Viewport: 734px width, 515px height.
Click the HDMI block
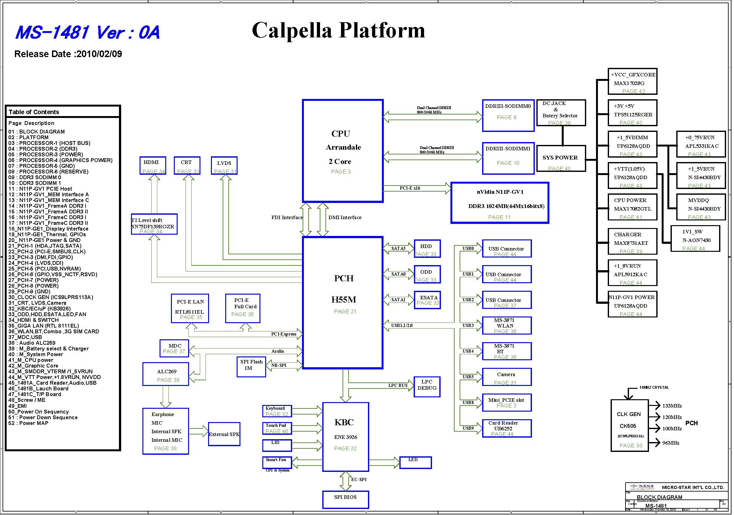click(153, 166)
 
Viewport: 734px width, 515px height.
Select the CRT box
click(187, 166)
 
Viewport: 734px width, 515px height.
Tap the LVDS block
click(224, 166)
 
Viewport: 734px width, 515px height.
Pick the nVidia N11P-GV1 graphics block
click(500, 203)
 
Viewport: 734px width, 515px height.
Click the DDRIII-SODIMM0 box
click(508, 115)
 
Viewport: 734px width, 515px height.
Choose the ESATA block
click(427, 300)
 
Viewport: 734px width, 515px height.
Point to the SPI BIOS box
click(345, 499)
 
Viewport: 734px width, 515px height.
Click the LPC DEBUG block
click(427, 387)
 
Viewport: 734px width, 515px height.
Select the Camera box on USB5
click(506, 377)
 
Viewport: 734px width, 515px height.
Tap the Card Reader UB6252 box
click(506, 428)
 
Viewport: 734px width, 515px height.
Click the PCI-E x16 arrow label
click(410, 188)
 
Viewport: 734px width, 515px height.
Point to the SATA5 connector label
click(398, 248)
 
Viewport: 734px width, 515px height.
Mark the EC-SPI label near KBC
click(359, 479)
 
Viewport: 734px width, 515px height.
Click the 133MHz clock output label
click(672, 406)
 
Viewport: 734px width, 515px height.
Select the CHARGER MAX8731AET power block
click(632, 241)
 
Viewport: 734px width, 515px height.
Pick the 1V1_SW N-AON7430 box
click(695, 239)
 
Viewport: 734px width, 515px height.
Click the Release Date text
click(68, 54)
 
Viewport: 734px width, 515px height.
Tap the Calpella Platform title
click(338, 30)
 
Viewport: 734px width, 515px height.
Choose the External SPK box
click(224, 434)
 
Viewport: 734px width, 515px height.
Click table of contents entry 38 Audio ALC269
click(32, 343)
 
